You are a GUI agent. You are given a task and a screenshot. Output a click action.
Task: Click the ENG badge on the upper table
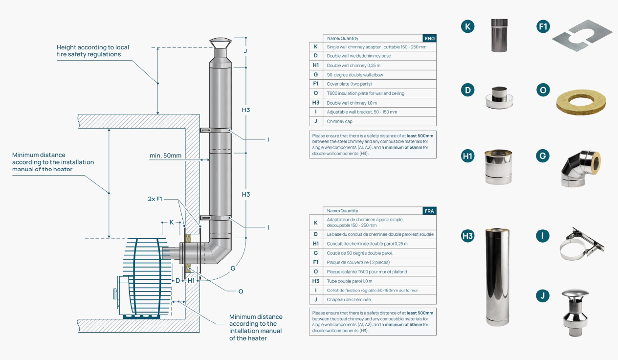[429, 38]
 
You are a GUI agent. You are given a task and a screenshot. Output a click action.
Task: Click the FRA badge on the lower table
[429, 211]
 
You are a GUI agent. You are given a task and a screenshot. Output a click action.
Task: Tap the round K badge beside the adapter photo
[468, 26]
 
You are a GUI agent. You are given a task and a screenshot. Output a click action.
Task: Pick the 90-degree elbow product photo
[580, 168]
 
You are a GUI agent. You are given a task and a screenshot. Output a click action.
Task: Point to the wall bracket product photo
[580, 245]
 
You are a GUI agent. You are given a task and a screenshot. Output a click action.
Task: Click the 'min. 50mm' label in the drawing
[166, 156]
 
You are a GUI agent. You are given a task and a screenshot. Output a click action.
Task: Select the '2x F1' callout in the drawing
[155, 199]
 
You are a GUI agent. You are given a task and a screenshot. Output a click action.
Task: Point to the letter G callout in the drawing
[233, 268]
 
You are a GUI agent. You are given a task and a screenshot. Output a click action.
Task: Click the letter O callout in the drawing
[241, 291]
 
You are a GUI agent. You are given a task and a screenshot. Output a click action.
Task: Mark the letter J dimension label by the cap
[245, 51]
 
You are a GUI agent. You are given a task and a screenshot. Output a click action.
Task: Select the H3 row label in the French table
[316, 281]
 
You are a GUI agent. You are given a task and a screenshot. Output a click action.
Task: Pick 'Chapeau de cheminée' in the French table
[349, 299]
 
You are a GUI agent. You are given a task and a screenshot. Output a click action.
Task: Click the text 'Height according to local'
[92, 47]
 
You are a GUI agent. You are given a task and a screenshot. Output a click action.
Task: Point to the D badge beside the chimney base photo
[468, 90]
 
